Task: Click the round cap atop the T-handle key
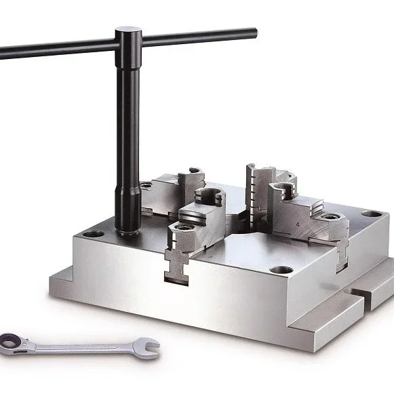pos(127,31)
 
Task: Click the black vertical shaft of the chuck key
pos(127,136)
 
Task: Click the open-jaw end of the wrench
pos(151,348)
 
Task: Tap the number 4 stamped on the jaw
pos(298,222)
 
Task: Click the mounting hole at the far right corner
pos(370,215)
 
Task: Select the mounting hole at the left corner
pos(94,234)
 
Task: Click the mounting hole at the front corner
pos(280,270)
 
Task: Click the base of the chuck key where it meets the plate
pos(127,231)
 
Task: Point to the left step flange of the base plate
pos(64,278)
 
